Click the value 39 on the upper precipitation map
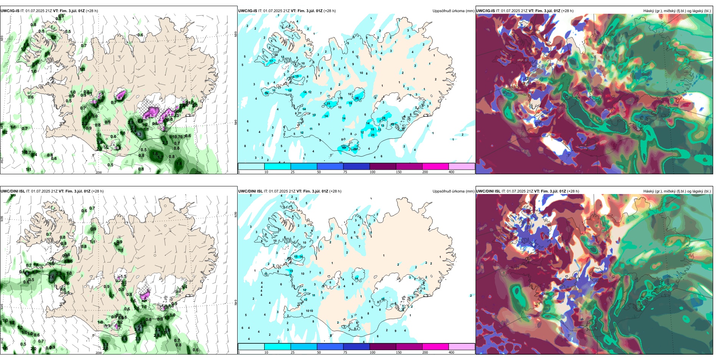click(x=357, y=98)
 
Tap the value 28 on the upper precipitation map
click(x=383, y=118)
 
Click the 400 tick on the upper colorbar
click(x=451, y=172)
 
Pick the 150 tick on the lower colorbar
click(x=399, y=352)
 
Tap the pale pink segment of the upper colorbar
click(x=462, y=166)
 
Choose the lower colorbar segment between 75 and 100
click(x=356, y=347)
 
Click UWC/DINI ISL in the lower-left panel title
click(x=13, y=191)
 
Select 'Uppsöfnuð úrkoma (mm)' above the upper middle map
click(x=453, y=11)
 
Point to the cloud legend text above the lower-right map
click(x=677, y=191)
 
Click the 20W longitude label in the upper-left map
click(x=99, y=172)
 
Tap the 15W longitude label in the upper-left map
click(x=198, y=172)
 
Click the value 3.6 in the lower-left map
click(x=124, y=339)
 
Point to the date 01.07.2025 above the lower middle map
click(x=279, y=191)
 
